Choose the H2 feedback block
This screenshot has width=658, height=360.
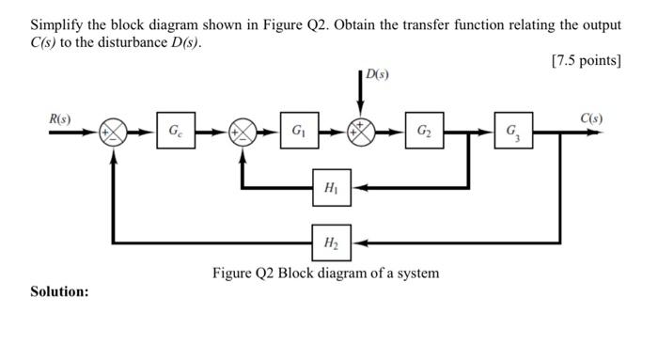tap(331, 243)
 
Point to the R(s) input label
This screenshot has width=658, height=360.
tap(60, 118)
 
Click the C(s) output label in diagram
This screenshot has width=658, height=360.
tap(591, 118)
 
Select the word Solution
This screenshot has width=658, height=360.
tap(60, 291)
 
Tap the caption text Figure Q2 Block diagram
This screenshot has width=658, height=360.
tap(324, 274)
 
